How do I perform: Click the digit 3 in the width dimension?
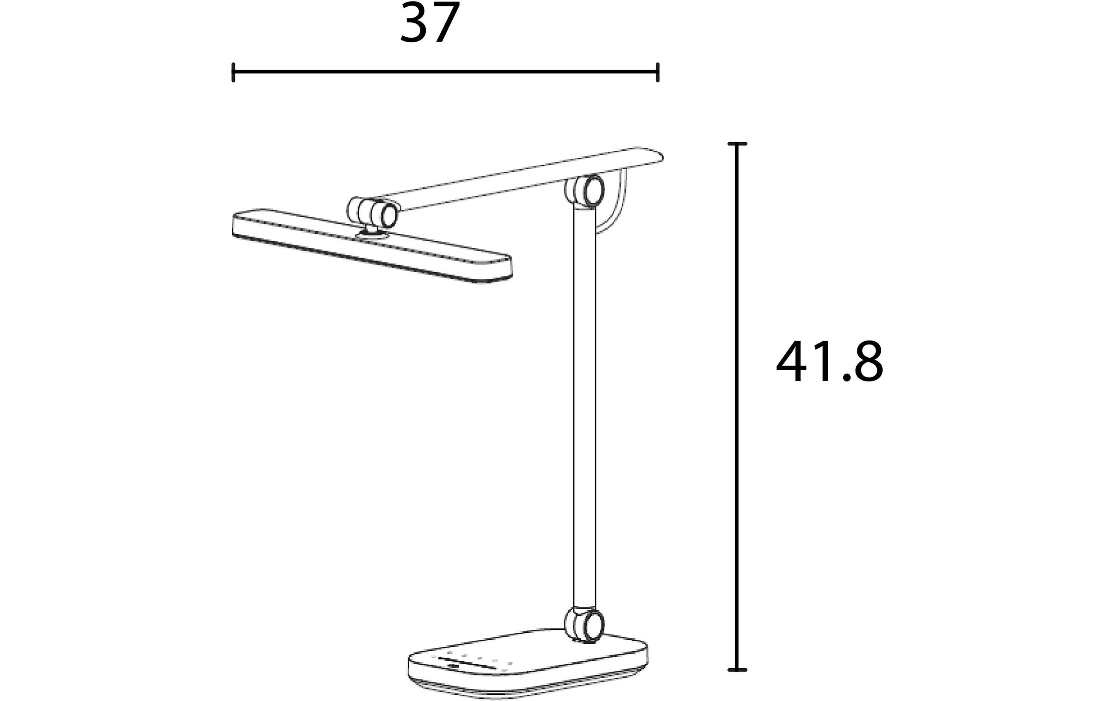coord(414,23)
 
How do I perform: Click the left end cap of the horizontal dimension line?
coord(233,72)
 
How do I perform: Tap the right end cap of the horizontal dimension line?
coord(657,72)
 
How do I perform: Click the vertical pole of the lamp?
coord(585,407)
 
